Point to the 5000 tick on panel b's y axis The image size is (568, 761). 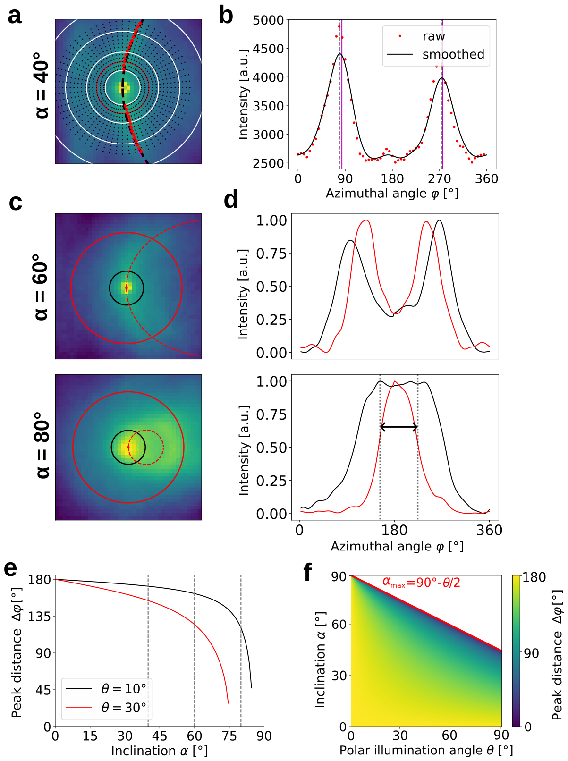[x=268, y=20]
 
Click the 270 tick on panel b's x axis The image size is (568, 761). [x=440, y=179]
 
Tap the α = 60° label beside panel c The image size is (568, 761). [x=41, y=287]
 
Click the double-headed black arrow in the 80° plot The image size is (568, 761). [x=399, y=427]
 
